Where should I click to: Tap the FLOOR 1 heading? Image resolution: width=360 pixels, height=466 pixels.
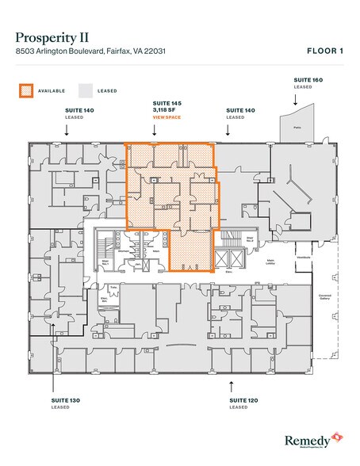[x=324, y=51]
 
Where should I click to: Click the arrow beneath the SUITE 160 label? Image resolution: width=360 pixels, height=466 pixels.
[x=296, y=99]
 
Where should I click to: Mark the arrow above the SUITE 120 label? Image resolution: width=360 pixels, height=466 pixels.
[x=231, y=385]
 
